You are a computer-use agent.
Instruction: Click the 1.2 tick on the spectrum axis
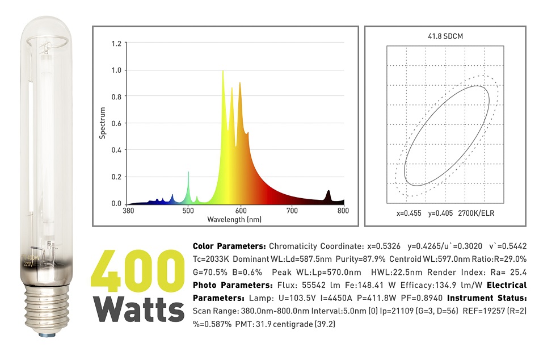[116, 43]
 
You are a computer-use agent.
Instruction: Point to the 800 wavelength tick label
[343, 211]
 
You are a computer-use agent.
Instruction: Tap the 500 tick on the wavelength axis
[188, 211]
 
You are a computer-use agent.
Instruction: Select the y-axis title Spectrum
[103, 123]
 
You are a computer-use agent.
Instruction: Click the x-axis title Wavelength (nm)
[234, 219]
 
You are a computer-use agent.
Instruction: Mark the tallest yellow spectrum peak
[223, 72]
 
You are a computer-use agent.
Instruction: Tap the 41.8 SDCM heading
[444, 36]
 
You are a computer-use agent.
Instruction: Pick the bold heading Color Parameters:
[229, 246]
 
